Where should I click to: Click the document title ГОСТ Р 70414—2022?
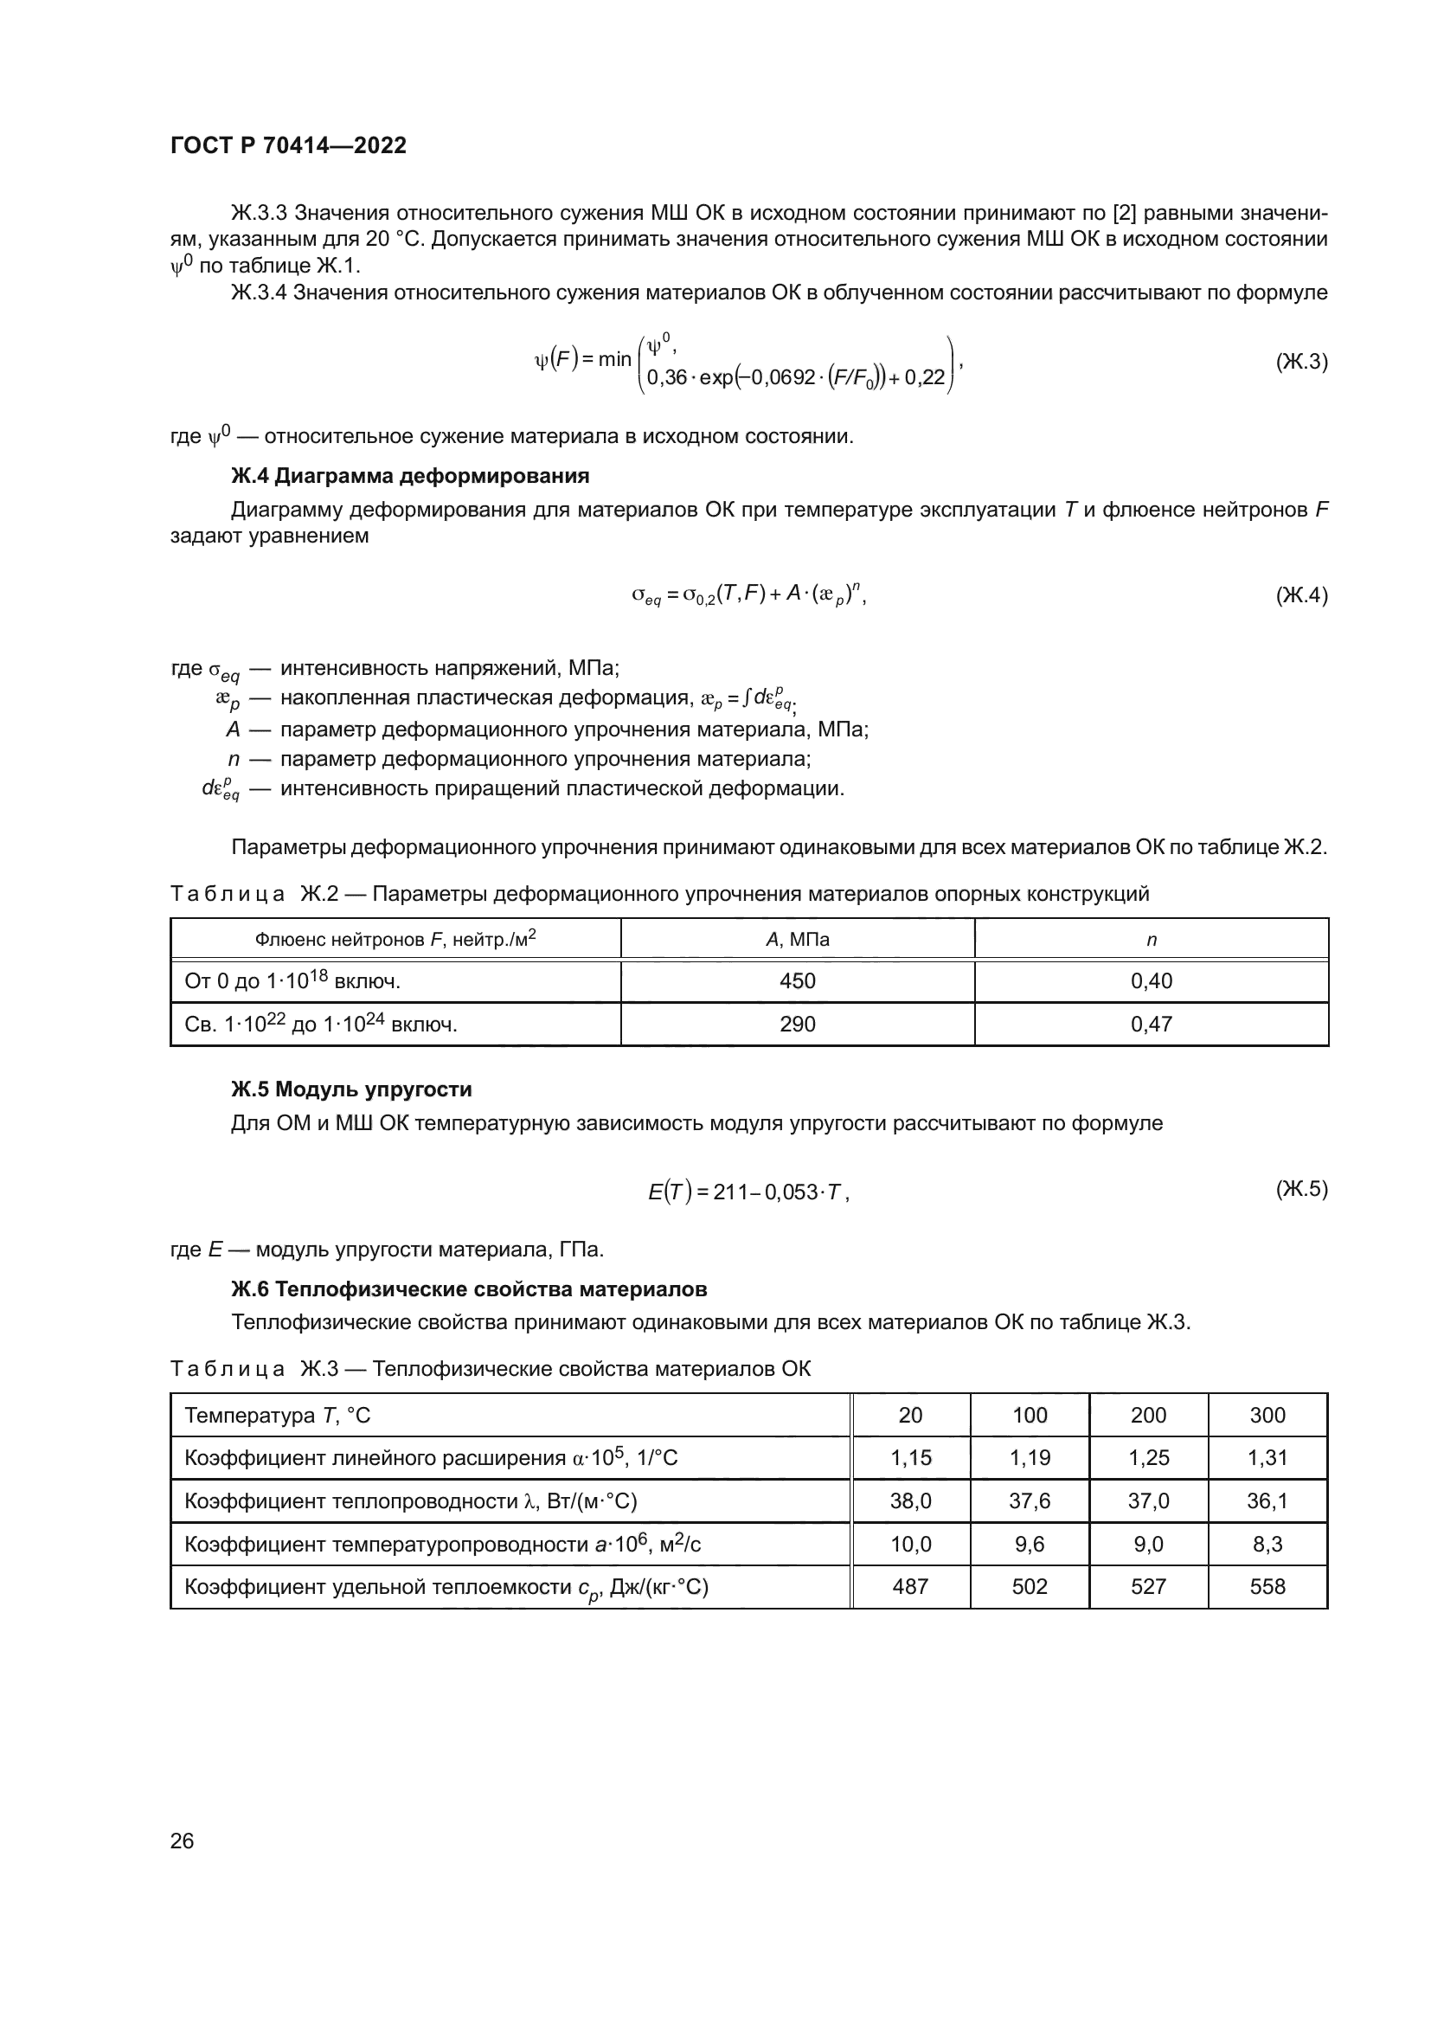pyautogui.click(x=288, y=146)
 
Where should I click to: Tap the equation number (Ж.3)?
pyautogui.click(x=1301, y=362)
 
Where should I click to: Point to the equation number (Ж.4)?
pyautogui.click(x=1301, y=596)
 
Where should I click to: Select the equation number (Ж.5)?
pyautogui.click(x=1301, y=1189)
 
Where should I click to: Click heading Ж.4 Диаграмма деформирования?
pyautogui.click(x=410, y=476)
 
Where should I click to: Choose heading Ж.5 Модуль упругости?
pyautogui.click(x=351, y=1089)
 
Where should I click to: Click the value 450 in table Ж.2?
pyautogui.click(x=798, y=981)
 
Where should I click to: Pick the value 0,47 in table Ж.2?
pyautogui.click(x=1151, y=1025)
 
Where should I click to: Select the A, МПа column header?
pyautogui.click(x=798, y=940)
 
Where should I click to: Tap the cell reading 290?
pyautogui.click(x=798, y=1025)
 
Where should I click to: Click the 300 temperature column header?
pyautogui.click(x=1267, y=1416)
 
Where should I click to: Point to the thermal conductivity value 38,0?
pyautogui.click(x=910, y=1501)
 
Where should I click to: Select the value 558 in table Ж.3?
pyautogui.click(x=1267, y=1587)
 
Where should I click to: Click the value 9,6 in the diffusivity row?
pyautogui.click(x=1030, y=1545)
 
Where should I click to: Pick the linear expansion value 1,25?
pyautogui.click(x=1148, y=1458)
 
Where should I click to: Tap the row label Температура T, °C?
pyautogui.click(x=278, y=1416)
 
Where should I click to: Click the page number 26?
pyautogui.click(x=182, y=1841)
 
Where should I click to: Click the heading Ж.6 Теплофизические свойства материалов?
pyautogui.click(x=469, y=1289)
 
